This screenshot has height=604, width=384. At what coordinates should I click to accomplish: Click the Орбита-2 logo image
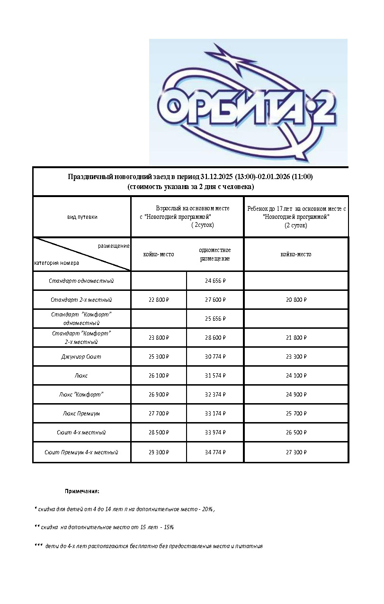point(248,102)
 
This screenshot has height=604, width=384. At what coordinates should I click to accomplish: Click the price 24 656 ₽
point(215,281)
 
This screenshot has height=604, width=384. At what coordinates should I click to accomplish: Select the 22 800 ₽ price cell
point(159,300)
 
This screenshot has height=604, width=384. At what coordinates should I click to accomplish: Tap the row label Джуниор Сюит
point(81,357)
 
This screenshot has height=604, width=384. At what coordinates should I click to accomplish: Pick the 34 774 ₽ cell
point(215,452)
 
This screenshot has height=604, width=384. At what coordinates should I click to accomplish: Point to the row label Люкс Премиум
point(81,414)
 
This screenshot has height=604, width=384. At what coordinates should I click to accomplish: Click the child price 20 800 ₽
point(296,300)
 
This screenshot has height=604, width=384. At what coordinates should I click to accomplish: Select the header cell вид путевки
point(82,217)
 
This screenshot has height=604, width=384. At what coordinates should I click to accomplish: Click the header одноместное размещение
point(215,254)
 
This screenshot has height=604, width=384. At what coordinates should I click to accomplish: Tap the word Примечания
point(82,491)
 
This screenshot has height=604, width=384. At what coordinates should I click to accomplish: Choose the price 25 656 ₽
point(215,319)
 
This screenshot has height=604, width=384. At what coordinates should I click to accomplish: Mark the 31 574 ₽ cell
point(215,376)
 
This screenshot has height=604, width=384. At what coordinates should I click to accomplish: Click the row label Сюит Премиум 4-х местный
point(81,452)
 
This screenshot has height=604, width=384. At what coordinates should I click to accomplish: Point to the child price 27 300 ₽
point(296,452)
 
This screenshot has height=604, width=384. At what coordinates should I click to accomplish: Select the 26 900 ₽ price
point(159,395)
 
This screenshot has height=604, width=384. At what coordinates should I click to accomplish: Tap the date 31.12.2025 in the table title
point(217,177)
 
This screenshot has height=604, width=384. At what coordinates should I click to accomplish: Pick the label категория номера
point(57,263)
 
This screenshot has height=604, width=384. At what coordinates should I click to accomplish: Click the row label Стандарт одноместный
point(81,281)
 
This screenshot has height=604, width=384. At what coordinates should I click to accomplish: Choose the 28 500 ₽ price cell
point(159,433)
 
